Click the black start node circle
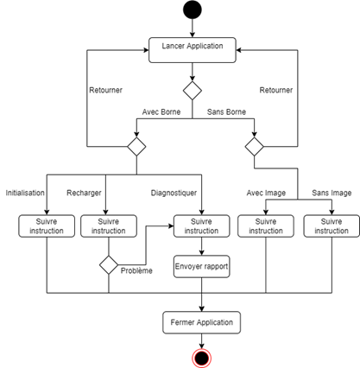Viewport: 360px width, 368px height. coord(193,10)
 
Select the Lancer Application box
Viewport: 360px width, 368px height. coord(193,50)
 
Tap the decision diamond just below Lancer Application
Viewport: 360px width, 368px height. coord(193,91)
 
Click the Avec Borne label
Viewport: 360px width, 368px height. coord(161,111)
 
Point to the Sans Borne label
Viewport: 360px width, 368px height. coord(226,111)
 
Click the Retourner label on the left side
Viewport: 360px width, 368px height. coord(105,90)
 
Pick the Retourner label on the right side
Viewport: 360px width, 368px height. coord(276,90)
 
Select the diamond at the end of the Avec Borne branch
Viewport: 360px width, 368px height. coord(136,147)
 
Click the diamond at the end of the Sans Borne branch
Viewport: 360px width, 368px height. coord(254,147)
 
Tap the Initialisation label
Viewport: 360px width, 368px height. coord(25,193)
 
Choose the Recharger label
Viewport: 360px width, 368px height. coord(84,193)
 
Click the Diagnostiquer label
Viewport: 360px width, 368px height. coord(174,193)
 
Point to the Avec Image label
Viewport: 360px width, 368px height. coord(266,193)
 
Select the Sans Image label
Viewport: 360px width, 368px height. coord(332,193)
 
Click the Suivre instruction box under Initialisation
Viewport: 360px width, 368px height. coord(47,226)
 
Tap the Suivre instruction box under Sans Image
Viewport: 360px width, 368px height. coord(332,226)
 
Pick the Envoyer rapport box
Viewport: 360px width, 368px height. coord(201,266)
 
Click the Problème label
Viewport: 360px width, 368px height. coord(136,270)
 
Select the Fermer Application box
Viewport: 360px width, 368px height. coord(201,322)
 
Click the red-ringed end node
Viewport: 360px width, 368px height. coord(201,358)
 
